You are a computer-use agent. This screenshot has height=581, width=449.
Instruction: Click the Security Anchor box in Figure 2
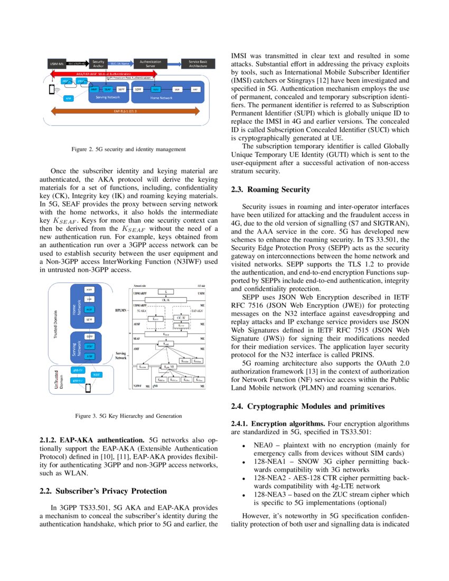[98, 63]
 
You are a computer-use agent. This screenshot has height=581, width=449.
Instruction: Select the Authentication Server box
[151, 63]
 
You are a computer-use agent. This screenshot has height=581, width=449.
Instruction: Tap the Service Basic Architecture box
[198, 63]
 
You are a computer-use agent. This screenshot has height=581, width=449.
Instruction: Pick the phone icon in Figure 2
[52, 89]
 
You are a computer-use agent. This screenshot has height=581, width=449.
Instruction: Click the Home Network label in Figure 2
[162, 98]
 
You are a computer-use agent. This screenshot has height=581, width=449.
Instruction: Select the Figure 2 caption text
[128, 149]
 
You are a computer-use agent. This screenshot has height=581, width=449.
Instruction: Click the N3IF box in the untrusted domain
[96, 374]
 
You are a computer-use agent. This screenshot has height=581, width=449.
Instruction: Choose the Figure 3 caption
[128, 416]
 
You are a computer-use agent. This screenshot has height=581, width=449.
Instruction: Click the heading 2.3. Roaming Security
[271, 190]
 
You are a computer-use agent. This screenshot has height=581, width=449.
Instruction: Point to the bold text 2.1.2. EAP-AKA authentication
[92, 439]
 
